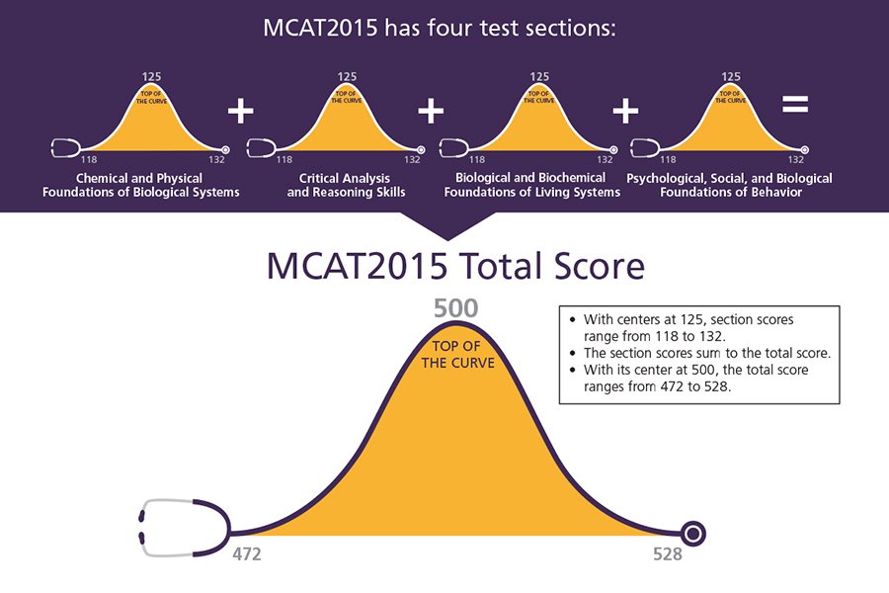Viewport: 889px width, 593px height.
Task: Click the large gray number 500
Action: tap(455, 309)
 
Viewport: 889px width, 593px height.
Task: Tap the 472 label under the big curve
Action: tap(246, 554)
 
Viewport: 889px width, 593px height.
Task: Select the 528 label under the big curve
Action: tap(667, 554)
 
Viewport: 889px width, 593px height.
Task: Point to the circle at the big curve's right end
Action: tap(693, 534)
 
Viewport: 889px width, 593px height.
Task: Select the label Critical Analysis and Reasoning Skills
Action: tap(346, 185)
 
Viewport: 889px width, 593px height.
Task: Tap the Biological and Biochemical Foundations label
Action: tap(532, 185)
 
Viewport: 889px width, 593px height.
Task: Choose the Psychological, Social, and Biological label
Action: tap(729, 185)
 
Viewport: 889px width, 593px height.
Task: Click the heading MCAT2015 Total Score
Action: tap(455, 267)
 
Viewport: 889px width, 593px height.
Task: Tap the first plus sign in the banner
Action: tap(240, 111)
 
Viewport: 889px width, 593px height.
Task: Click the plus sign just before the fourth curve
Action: tap(625, 111)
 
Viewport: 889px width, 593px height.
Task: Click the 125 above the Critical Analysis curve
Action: tap(346, 75)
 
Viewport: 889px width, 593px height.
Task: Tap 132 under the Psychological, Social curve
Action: tap(795, 158)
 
